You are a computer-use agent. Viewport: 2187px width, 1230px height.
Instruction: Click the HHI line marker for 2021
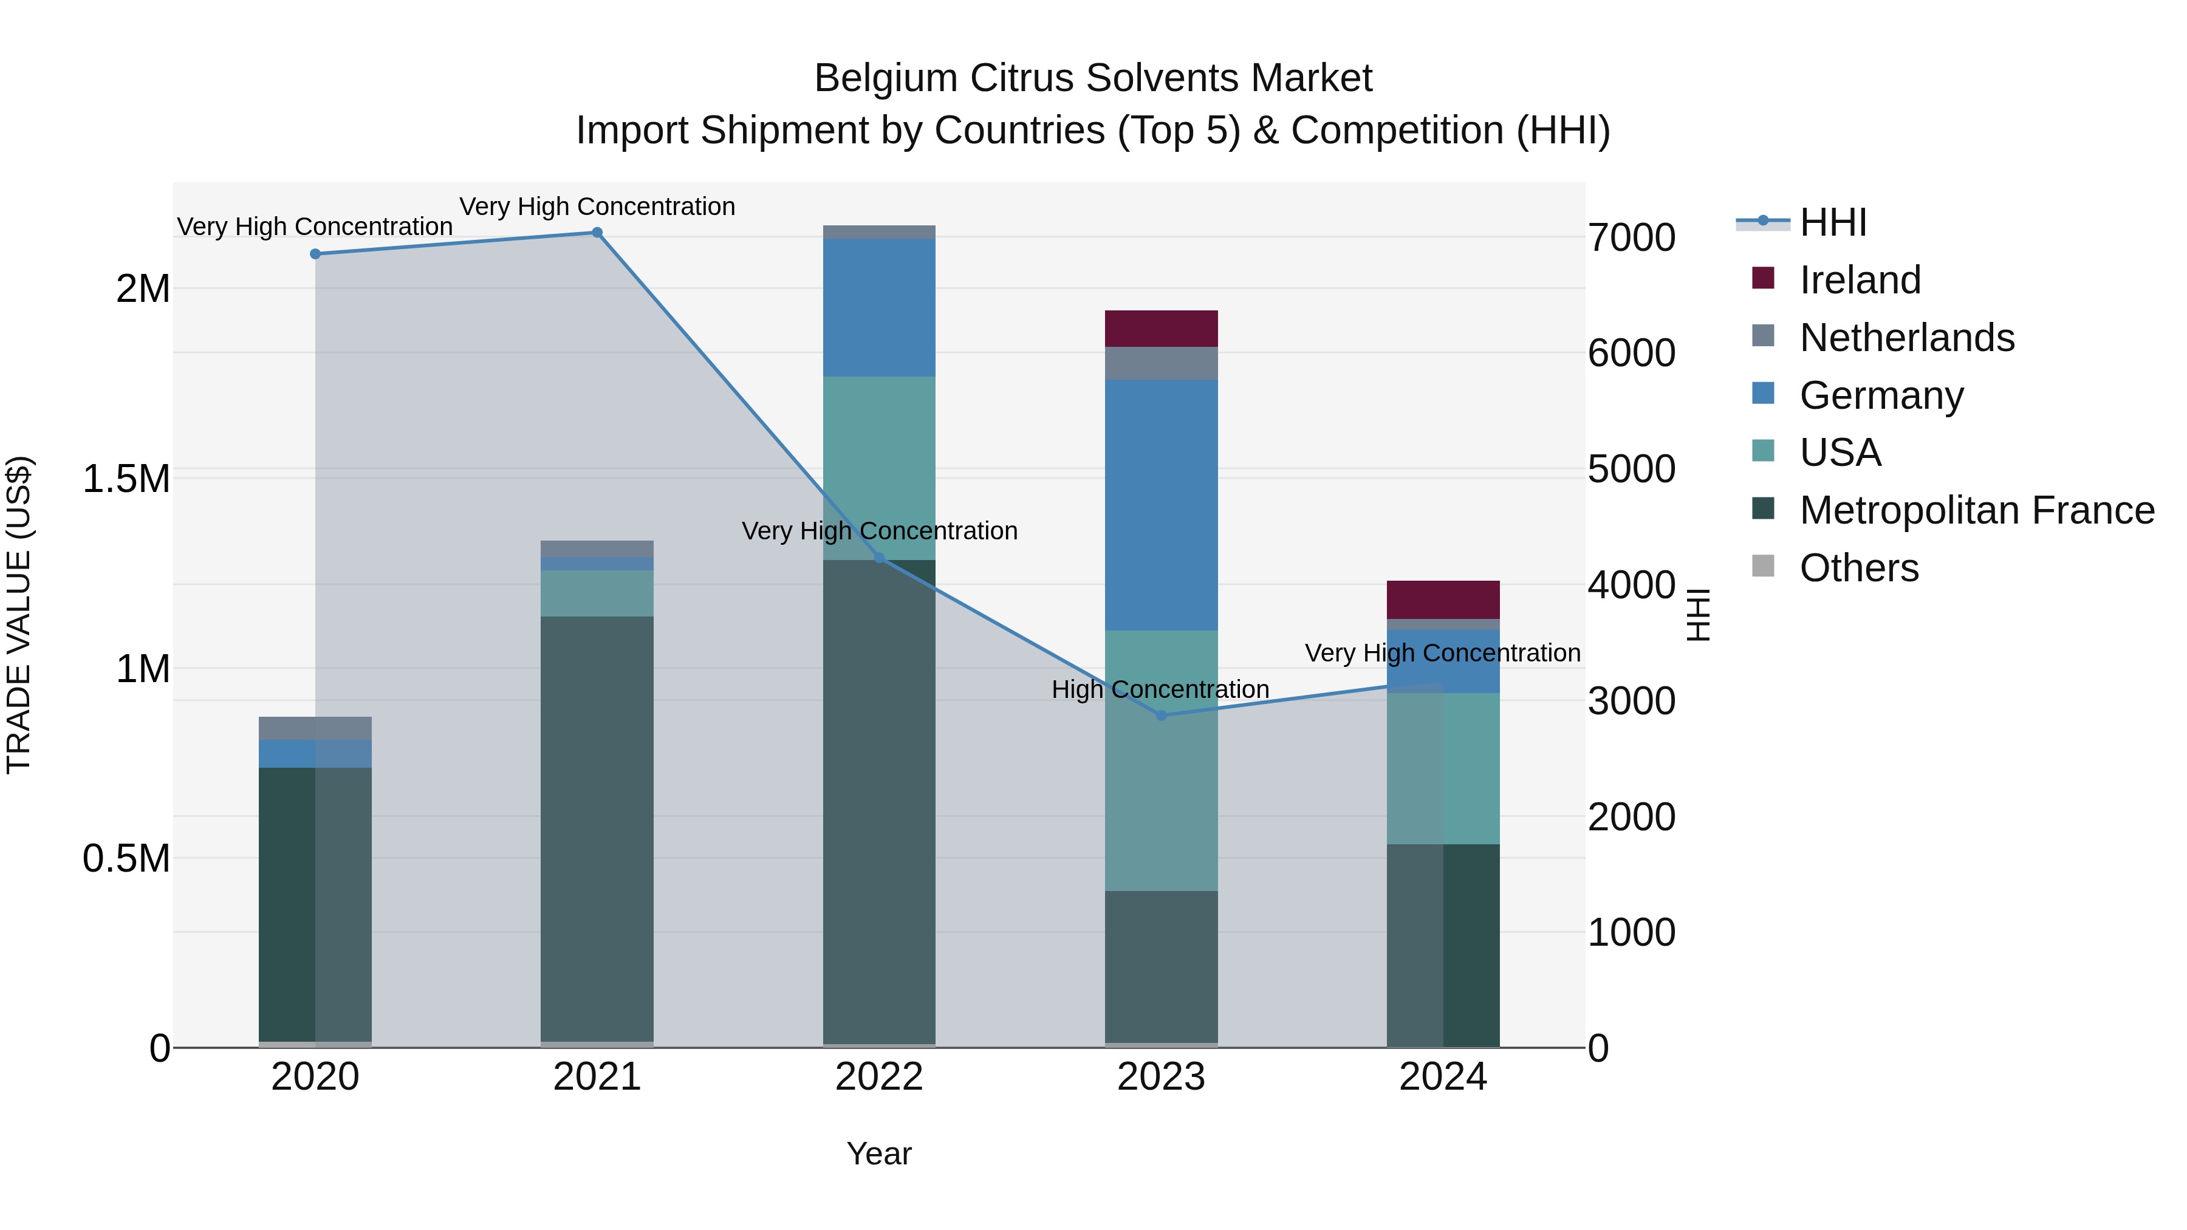click(597, 233)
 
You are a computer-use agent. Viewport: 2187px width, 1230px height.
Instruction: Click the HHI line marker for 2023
click(1162, 716)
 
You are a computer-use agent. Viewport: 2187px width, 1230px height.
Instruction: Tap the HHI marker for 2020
click(315, 254)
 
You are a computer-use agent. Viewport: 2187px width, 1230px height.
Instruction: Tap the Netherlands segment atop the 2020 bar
click(315, 728)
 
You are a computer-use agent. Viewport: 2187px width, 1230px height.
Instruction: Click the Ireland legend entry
click(1860, 280)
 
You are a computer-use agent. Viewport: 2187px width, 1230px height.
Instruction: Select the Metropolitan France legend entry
click(1976, 510)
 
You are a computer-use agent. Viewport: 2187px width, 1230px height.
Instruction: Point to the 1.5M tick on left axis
click(126, 479)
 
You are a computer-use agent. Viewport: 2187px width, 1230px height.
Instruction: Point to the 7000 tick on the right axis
click(1631, 237)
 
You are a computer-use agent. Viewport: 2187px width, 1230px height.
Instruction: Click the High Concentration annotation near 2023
click(1160, 689)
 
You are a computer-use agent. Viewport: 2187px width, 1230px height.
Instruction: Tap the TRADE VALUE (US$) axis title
click(19, 615)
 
